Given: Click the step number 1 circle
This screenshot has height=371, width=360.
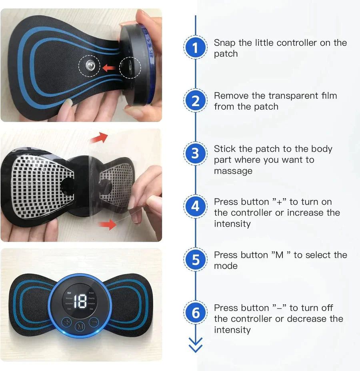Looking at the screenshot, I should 195,48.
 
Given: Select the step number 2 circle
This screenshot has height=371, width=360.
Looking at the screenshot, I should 195,101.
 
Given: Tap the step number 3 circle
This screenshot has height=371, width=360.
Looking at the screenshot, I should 195,154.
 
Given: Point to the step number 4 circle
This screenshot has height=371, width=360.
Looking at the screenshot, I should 195,207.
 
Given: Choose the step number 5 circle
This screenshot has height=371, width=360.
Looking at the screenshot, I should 195,260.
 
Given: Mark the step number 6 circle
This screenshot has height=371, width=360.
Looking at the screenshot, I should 195,313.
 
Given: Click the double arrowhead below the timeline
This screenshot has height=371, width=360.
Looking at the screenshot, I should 195,345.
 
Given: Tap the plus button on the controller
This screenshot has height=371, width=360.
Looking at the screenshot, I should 67,322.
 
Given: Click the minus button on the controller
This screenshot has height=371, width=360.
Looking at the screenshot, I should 94,322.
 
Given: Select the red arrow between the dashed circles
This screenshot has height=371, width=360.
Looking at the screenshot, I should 109,68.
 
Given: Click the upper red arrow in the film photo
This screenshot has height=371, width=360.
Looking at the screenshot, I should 99,138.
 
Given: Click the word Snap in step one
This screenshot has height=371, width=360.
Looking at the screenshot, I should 225,43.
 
